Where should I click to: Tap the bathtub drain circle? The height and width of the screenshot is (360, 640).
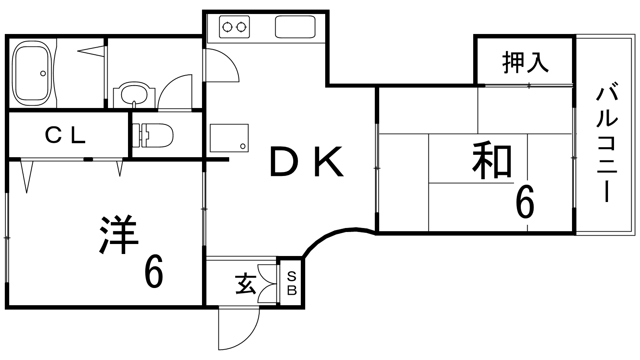pyautogui.click(x=43, y=74)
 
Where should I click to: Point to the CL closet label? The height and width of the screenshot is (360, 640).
pyautogui.click(x=66, y=136)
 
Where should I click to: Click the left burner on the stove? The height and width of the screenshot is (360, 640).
pyautogui.click(x=228, y=27)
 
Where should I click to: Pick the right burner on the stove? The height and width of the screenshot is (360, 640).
pyautogui.click(x=241, y=27)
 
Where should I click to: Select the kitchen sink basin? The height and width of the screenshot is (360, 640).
pyautogui.click(x=295, y=26)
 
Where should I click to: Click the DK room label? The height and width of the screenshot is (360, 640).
pyautogui.click(x=306, y=162)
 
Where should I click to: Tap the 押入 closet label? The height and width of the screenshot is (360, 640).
pyautogui.click(x=526, y=62)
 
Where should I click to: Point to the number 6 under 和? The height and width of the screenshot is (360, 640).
pyautogui.click(x=525, y=201)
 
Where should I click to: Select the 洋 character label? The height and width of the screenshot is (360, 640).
pyautogui.click(x=119, y=234)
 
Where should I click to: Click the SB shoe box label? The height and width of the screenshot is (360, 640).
pyautogui.click(x=292, y=284)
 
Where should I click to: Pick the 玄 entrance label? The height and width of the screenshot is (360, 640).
pyautogui.click(x=246, y=284)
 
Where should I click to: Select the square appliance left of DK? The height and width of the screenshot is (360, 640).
pyautogui.click(x=229, y=138)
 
